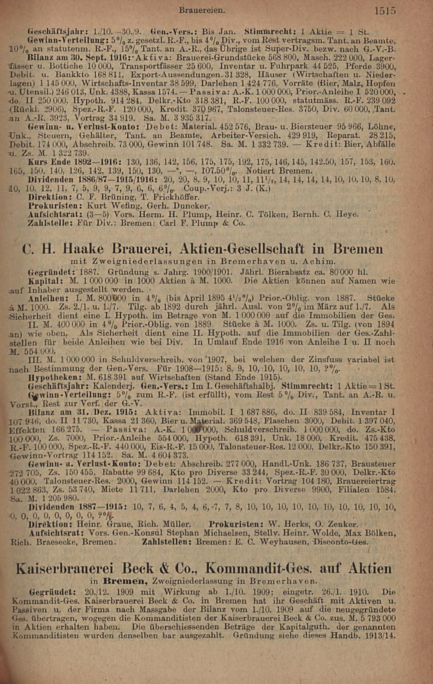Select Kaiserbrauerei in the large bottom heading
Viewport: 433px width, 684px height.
[x=64, y=568]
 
